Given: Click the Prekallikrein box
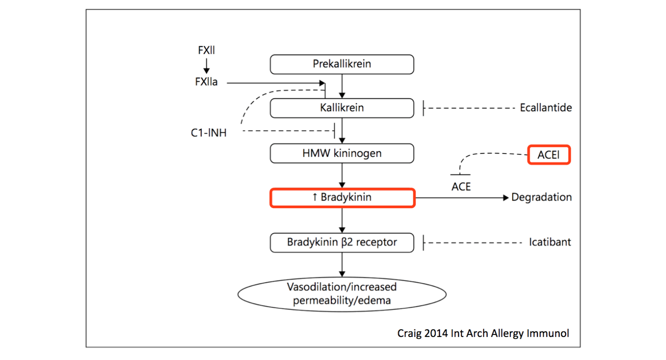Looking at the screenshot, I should pyautogui.click(x=342, y=64).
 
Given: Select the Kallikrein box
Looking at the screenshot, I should pyautogui.click(x=342, y=108).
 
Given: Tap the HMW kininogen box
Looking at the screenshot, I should pyautogui.click(x=342, y=153).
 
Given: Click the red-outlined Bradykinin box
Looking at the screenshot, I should pyautogui.click(x=342, y=198).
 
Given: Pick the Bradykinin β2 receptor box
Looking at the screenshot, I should pyautogui.click(x=342, y=242).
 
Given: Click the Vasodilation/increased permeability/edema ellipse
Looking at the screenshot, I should pyautogui.click(x=342, y=294).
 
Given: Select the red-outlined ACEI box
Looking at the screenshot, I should pyautogui.click(x=548, y=155).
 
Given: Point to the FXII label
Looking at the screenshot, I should pyautogui.click(x=206, y=50).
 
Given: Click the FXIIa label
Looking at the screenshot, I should pyautogui.click(x=206, y=82).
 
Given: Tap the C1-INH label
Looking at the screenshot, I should pyautogui.click(x=209, y=133).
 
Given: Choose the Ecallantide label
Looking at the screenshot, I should pyautogui.click(x=545, y=108).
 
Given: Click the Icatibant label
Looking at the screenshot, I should pyautogui.click(x=549, y=242).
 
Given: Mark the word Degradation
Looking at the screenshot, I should pyautogui.click(x=541, y=197).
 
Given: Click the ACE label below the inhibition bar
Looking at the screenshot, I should pyautogui.click(x=461, y=187).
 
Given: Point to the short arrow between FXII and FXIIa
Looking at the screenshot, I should pyautogui.click(x=206, y=66).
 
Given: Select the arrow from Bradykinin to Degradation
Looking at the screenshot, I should pyautogui.click(x=461, y=198).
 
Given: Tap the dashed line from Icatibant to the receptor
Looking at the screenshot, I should pyautogui.click(x=473, y=243).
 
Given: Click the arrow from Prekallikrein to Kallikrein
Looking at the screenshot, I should pyautogui.click(x=342, y=86).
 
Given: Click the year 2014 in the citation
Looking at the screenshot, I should pyautogui.click(x=436, y=333).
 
